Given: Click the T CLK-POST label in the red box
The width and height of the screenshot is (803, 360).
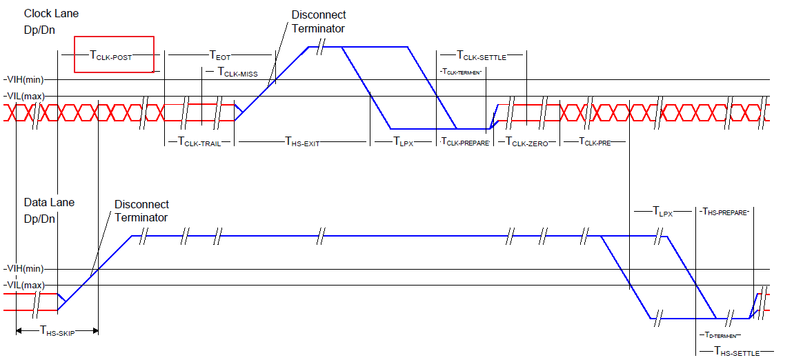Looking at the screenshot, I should (113, 55).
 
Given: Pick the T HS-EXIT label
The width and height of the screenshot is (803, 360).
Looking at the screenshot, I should (302, 142).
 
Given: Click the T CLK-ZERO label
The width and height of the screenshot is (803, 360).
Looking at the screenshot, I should (528, 142).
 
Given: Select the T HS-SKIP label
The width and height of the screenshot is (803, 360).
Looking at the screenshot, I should (57, 331).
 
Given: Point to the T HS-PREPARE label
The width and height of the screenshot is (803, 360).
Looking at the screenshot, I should (724, 212).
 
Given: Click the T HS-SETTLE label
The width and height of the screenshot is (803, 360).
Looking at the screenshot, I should (736, 352).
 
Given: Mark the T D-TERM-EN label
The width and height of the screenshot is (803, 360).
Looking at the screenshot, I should (719, 335).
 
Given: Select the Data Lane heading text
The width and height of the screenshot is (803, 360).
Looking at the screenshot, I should (49, 203).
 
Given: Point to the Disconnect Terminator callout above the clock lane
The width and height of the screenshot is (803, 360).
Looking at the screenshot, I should (318, 21).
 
